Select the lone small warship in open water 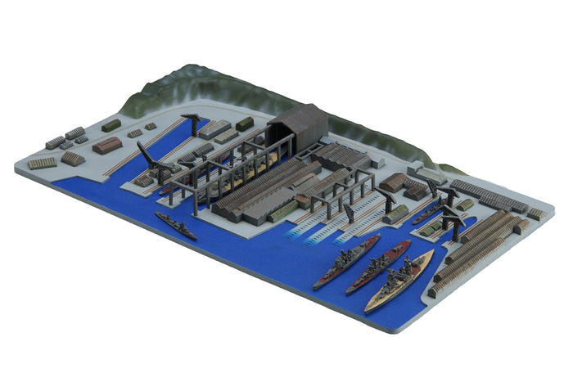[x=176, y=226]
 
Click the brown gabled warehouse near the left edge [x=107, y=145]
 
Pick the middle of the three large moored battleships [x=377, y=267]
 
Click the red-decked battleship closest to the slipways [x=346, y=261]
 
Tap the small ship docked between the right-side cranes [x=426, y=215]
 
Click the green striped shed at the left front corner [x=42, y=163]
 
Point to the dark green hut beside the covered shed [x=245, y=124]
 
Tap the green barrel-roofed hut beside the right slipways [x=395, y=214]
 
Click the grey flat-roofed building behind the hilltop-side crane [x=214, y=128]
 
